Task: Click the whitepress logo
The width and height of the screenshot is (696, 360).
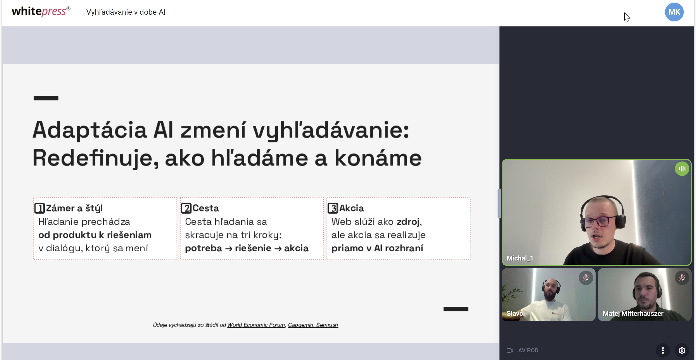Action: tap(41, 11)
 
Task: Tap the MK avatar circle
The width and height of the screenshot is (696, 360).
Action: tap(674, 12)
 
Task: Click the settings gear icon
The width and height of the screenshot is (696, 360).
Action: tap(682, 351)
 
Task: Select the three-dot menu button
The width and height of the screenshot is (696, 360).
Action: tap(663, 351)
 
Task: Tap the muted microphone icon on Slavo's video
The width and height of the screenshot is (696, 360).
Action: tap(586, 278)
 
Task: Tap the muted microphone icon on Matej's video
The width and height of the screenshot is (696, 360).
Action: tap(682, 278)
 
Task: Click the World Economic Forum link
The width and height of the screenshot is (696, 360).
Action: tap(256, 325)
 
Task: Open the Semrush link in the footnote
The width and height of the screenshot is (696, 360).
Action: tap(327, 325)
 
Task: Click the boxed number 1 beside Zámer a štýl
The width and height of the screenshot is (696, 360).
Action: tap(39, 208)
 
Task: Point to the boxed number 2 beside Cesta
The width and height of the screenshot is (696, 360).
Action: tap(186, 208)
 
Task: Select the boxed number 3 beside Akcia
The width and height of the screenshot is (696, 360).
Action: tap(333, 208)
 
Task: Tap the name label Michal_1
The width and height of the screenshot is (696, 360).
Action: tap(520, 258)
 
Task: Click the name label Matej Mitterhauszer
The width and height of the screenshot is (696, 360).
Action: tap(633, 314)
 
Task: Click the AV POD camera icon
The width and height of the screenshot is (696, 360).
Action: tap(510, 350)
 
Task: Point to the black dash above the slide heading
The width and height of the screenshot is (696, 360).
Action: tap(46, 98)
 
